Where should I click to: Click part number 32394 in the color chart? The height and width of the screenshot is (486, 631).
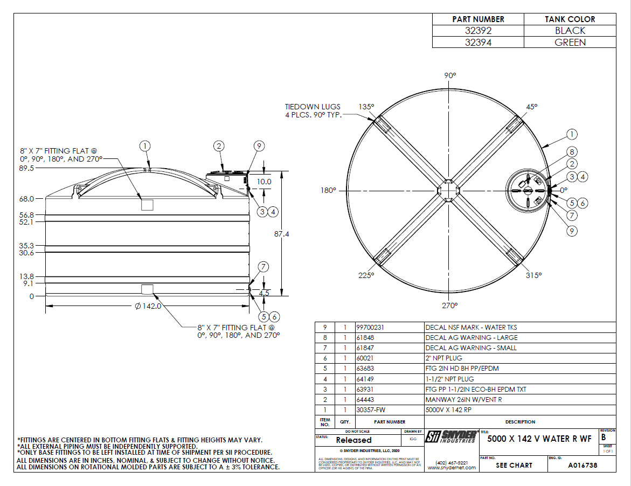coord(478,42)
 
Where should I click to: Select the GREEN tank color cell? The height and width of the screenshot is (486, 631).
coord(570,42)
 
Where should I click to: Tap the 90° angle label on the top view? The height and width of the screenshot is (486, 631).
coord(450,76)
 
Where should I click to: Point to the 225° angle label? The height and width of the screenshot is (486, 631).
coord(366,275)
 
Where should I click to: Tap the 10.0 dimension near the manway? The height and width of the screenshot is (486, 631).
coord(264,182)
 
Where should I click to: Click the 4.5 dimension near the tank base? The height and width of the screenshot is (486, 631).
coord(264,294)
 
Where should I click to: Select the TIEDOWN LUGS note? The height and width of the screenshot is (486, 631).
coord(313,111)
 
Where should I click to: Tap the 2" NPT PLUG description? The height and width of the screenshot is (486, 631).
coord(444,358)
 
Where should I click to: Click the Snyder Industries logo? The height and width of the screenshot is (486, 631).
coord(451,437)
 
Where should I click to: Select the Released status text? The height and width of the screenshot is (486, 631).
coord(353,440)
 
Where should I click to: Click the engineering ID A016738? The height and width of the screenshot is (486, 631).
coord(582,465)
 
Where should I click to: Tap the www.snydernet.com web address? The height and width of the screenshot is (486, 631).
coord(452,468)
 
